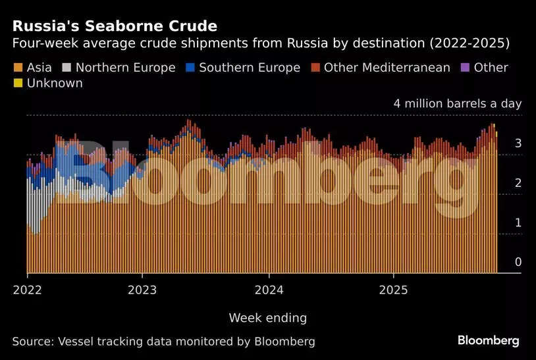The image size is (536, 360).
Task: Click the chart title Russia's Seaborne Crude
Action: [115, 27]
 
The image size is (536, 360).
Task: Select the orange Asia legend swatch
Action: [17, 68]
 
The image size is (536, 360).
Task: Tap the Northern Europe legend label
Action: [125, 68]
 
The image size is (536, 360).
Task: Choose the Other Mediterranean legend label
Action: [387, 68]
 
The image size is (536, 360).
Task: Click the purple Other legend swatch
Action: [465, 68]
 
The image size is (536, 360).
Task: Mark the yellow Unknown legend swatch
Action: [17, 84]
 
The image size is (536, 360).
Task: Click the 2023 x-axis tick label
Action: [142, 290]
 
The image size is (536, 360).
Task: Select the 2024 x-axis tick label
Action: [269, 290]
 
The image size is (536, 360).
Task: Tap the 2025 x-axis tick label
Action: [393, 290]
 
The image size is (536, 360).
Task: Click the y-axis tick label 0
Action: [518, 262]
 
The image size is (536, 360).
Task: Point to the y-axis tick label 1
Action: [518, 222]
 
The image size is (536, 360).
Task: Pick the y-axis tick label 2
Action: [518, 183]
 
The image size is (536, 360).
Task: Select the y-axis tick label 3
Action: [518, 143]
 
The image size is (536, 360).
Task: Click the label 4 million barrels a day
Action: [457, 103]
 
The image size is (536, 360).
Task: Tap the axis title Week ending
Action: [267, 318]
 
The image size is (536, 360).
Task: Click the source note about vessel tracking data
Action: [163, 342]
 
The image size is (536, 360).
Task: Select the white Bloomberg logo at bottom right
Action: [489, 341]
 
